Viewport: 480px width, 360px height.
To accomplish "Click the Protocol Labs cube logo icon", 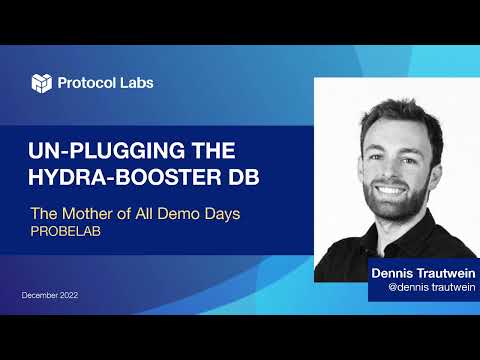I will click(x=41, y=83).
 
